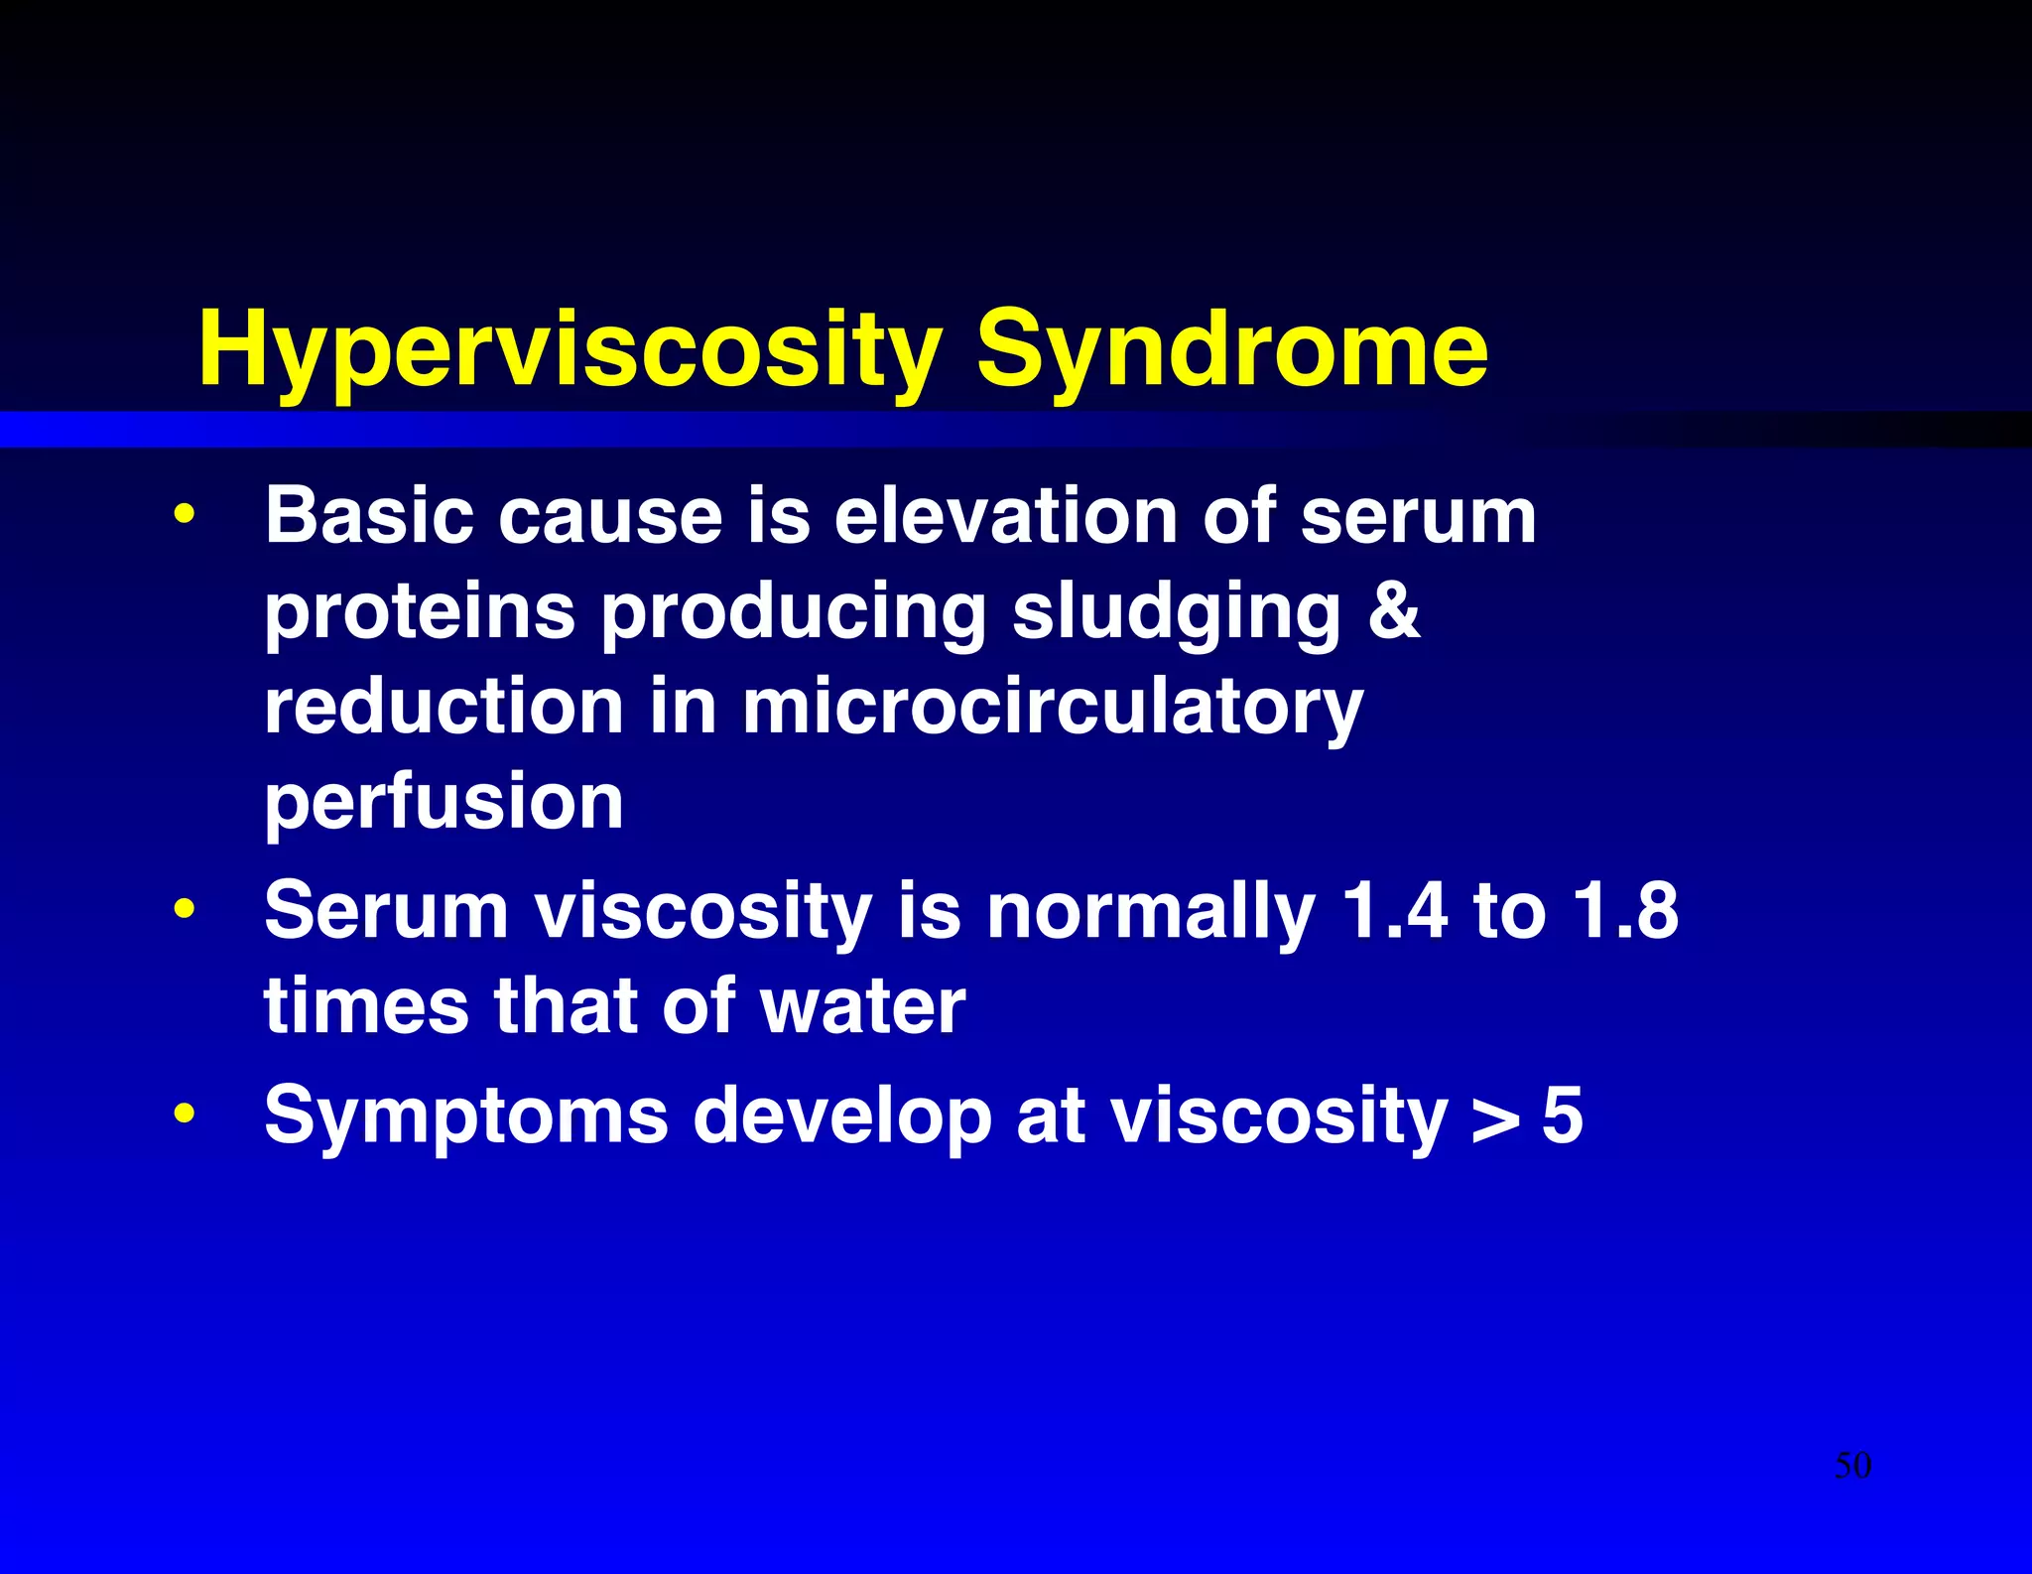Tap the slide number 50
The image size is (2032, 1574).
1852,1466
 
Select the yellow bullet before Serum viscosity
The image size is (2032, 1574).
184,909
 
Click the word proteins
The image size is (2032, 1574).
419,613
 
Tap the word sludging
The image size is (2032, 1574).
1176,613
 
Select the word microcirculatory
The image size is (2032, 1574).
1052,709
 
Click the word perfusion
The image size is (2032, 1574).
444,804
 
